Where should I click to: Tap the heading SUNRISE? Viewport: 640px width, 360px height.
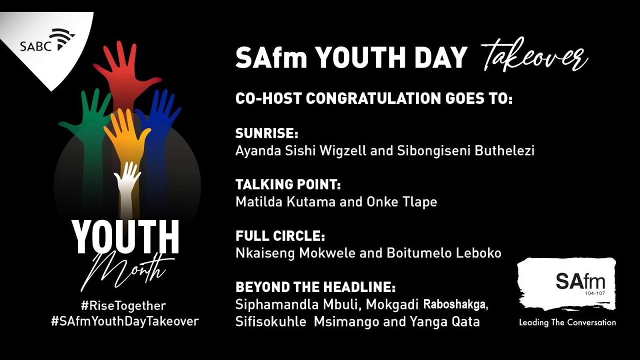pyautogui.click(x=266, y=134)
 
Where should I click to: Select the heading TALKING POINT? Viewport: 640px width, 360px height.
pyautogui.click(x=288, y=185)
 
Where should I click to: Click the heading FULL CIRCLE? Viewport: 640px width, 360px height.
pyautogui.click(x=280, y=236)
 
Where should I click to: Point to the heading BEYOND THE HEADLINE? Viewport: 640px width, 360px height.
pyautogui.click(x=315, y=287)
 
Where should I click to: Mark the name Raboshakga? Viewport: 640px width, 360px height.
pyautogui.click(x=455, y=304)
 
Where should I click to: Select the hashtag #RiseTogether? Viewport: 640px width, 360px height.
pyautogui.click(x=123, y=305)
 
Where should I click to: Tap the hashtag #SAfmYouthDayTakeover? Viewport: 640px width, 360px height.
pyautogui.click(x=125, y=321)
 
